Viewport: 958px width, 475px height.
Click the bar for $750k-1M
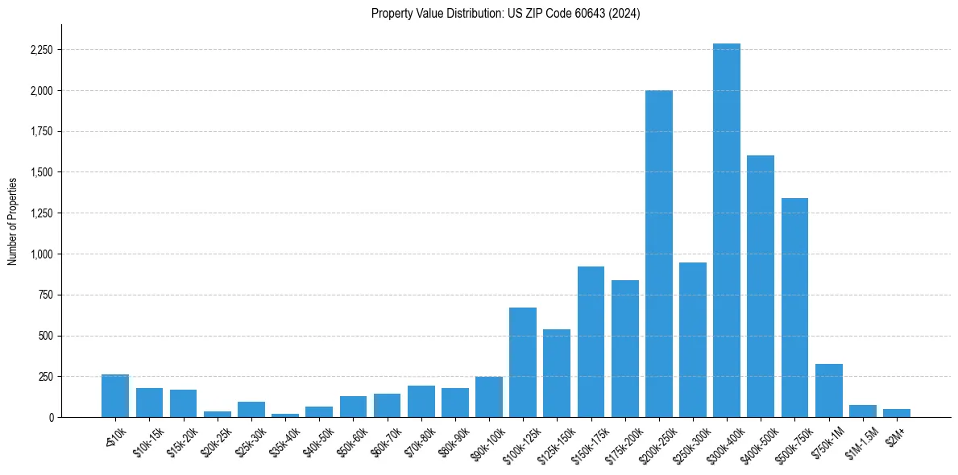[828, 391]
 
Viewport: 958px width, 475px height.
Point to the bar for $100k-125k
[523, 363]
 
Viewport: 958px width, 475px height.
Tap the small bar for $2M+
[896, 413]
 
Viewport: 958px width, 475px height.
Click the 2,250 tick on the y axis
[41, 50]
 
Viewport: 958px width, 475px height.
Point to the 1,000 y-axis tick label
[43, 254]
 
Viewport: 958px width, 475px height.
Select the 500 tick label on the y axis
[47, 336]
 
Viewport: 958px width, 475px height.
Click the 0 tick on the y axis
[52, 418]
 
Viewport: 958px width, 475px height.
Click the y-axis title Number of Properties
[12, 221]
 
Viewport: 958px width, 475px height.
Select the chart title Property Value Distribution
[506, 13]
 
